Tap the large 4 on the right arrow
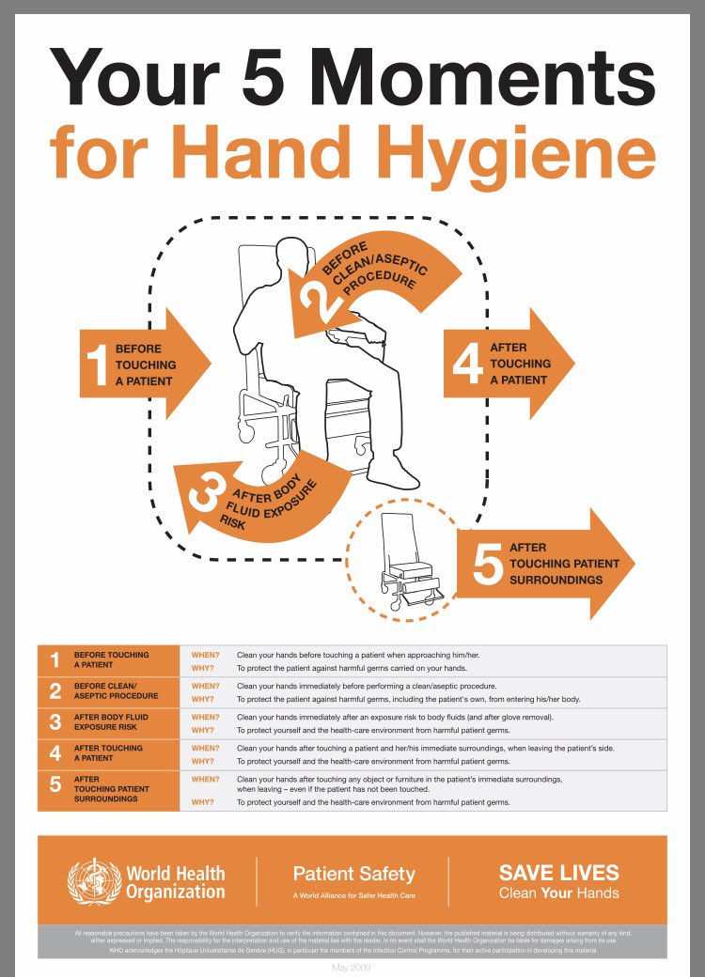point(467,364)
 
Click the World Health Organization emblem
point(94,881)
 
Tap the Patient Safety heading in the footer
point(353,873)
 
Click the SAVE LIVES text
point(558,872)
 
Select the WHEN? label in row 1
point(205,654)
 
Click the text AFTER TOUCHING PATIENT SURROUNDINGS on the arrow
point(564,564)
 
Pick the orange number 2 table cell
point(55,691)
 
